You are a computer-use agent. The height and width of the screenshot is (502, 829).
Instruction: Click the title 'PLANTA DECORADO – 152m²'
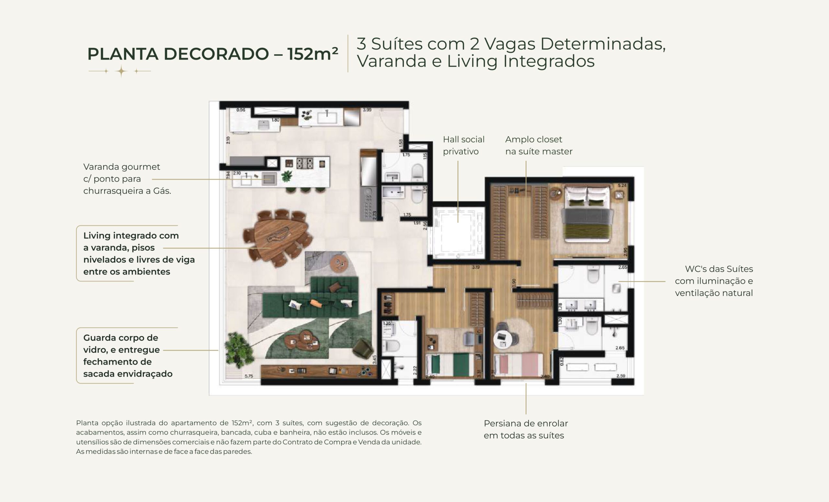click(x=212, y=54)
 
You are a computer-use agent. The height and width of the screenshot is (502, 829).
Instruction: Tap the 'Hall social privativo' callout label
click(x=463, y=145)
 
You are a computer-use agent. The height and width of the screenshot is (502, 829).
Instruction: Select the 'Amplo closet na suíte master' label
click(x=538, y=145)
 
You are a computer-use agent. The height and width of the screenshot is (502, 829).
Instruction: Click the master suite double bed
click(x=587, y=215)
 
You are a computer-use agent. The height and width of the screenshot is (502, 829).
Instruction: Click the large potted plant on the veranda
click(x=238, y=350)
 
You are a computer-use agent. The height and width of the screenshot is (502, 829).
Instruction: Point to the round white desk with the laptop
click(x=503, y=339)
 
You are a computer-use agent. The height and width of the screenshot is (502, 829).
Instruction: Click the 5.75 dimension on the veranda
click(x=249, y=376)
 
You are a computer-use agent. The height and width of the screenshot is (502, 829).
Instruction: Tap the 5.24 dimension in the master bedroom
click(x=622, y=185)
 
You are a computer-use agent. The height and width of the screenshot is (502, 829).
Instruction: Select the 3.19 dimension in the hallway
click(x=475, y=267)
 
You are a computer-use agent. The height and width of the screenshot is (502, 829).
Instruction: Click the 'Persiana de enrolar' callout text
click(x=526, y=423)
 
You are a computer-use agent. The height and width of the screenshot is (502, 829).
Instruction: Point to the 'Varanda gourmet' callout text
click(x=121, y=167)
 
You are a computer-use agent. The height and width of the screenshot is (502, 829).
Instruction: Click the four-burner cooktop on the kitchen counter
click(x=305, y=163)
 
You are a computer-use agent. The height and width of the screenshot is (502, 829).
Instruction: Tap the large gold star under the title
click(x=121, y=71)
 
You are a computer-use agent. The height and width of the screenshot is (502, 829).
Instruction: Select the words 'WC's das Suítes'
click(x=719, y=269)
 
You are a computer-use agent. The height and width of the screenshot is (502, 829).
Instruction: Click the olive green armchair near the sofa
click(x=362, y=348)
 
